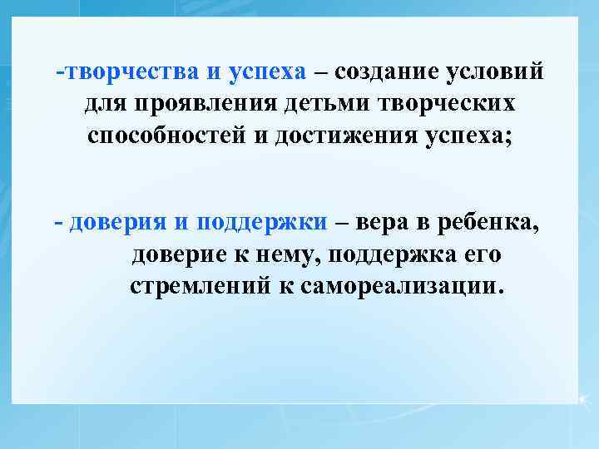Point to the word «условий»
(496, 72)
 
